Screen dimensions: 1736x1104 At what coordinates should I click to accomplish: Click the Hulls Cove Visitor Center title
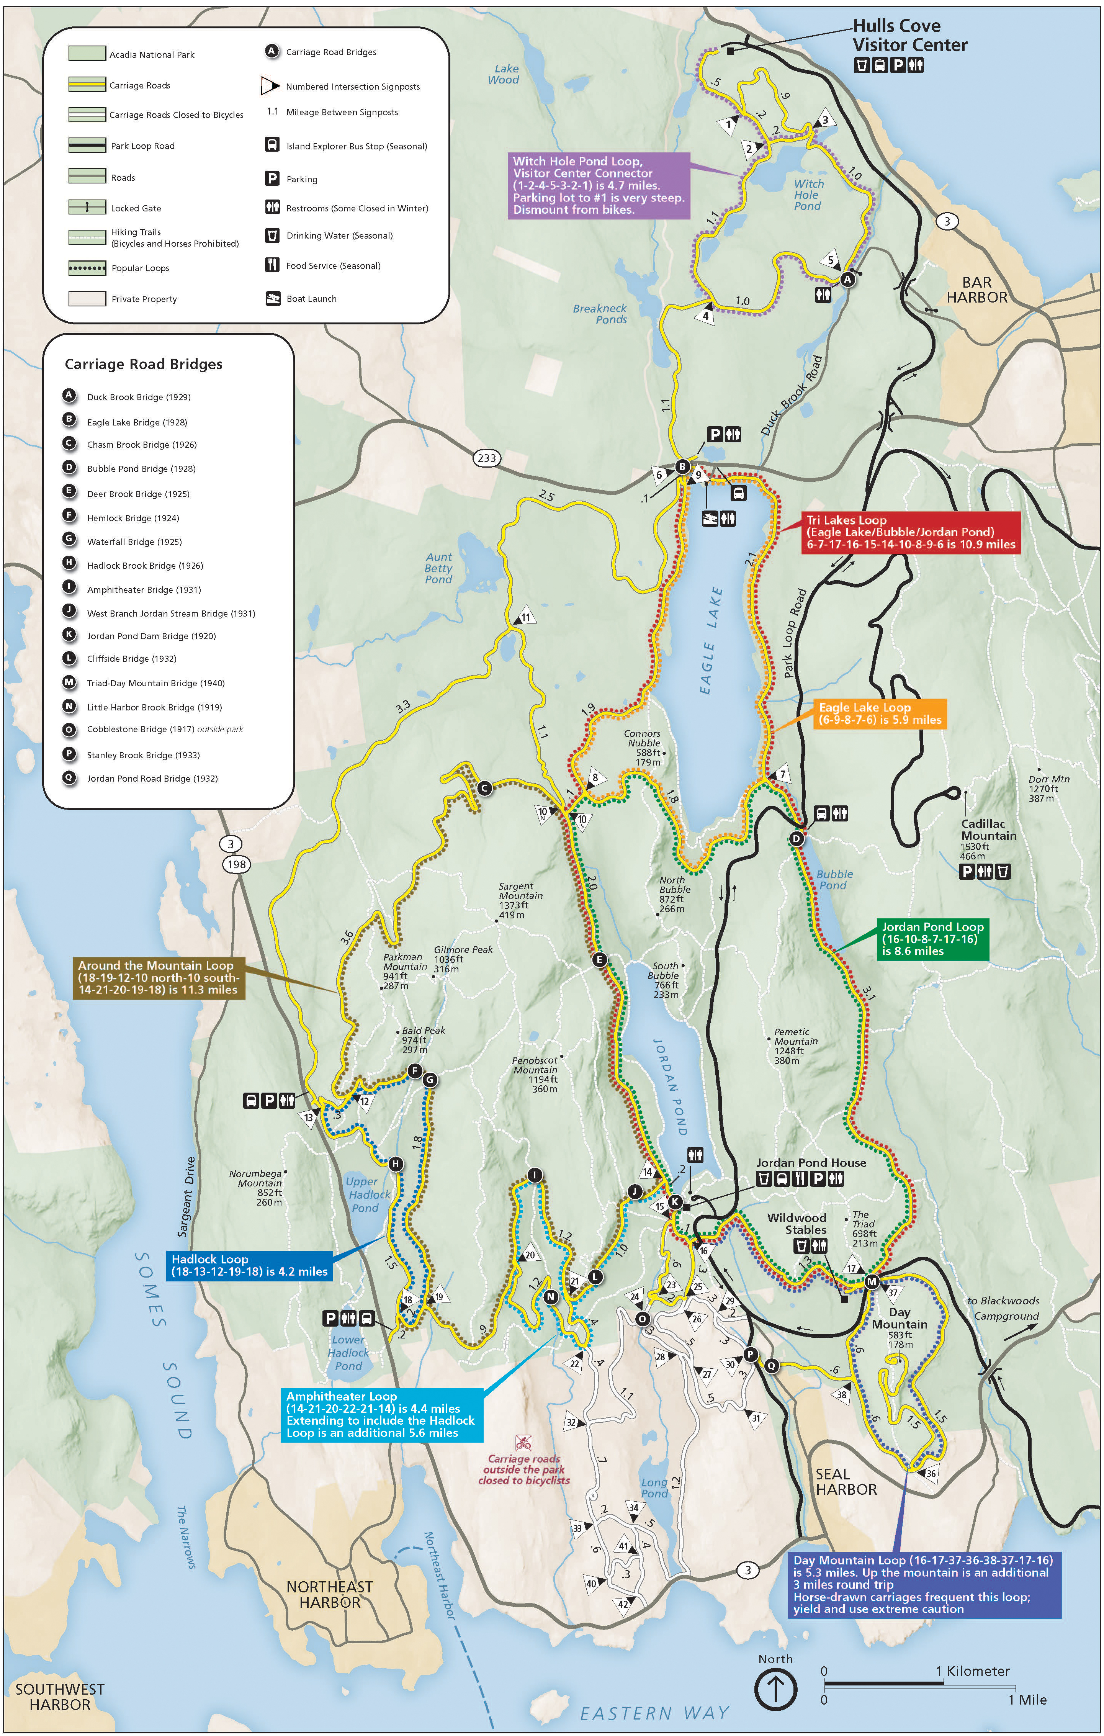click(909, 35)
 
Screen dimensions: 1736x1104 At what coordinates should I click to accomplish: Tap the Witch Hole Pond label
click(808, 195)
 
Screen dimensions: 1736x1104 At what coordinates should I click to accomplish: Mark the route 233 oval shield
click(487, 458)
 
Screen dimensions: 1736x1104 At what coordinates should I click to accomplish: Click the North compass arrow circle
click(775, 1689)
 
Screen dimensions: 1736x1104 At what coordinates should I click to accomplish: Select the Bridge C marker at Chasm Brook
click(484, 788)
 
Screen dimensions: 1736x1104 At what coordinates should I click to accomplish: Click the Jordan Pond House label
click(811, 1163)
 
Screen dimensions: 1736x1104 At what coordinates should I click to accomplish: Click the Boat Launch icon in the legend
click(273, 298)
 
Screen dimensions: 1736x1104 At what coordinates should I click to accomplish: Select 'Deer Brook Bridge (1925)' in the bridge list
click(138, 494)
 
